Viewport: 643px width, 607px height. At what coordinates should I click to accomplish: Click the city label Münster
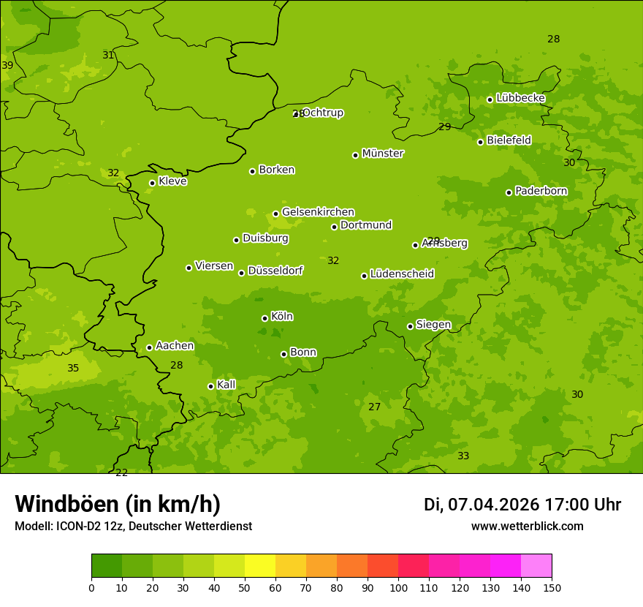coord(383,154)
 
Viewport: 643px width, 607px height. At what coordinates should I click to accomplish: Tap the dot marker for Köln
coord(265,318)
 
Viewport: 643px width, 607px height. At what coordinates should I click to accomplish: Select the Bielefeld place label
coord(509,140)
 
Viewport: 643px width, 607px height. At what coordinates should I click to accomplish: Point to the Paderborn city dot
coord(509,192)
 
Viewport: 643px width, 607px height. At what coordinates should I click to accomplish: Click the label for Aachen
coord(175,346)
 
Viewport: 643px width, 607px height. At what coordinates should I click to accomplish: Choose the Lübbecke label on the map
coord(520,98)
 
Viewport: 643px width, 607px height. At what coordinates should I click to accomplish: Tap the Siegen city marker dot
coord(410,326)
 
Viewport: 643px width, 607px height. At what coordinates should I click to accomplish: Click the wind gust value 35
coord(73,368)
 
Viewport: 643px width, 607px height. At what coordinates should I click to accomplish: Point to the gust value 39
coord(7,65)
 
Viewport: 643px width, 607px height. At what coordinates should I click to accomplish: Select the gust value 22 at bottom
coord(121,472)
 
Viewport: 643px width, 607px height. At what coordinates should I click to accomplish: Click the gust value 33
coord(463,456)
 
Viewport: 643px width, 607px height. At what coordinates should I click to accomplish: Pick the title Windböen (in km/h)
coord(118,504)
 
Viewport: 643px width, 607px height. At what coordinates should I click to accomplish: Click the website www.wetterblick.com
coord(527,526)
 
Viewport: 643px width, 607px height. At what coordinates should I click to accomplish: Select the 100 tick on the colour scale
coord(398,587)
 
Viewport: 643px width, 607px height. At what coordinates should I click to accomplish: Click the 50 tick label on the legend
coord(245,587)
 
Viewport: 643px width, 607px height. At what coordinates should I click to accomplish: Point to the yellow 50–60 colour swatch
coord(260,566)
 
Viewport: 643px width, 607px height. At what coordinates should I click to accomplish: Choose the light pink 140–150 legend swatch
coord(536,566)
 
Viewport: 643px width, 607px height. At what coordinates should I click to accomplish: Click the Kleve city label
coord(172,181)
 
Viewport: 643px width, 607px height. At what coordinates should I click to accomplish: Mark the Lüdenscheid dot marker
coord(364,276)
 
